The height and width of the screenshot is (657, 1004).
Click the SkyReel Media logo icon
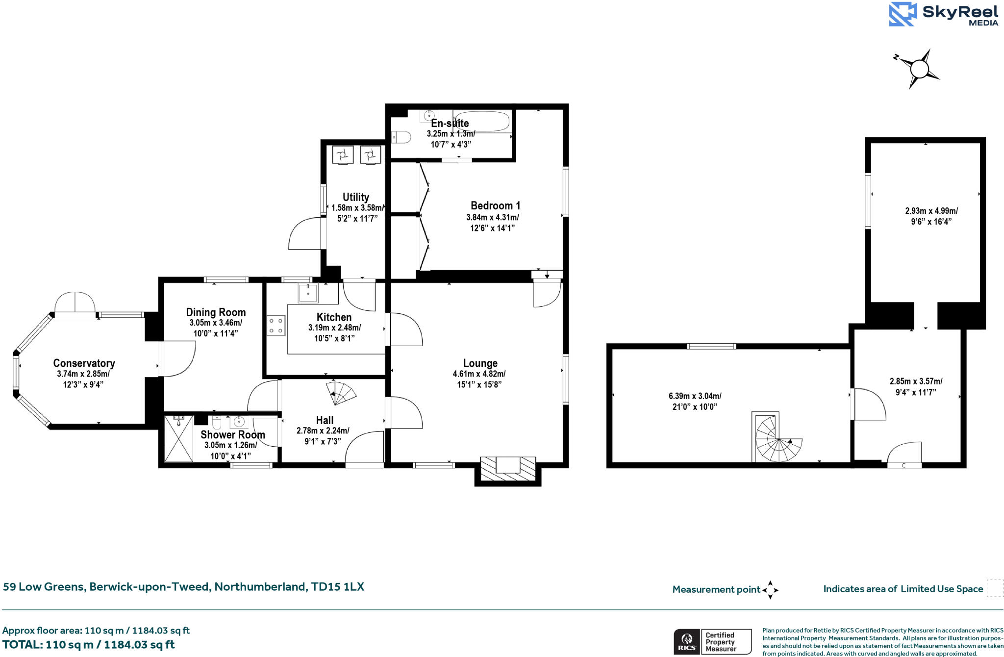tap(903, 14)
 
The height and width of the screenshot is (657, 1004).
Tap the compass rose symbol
tap(918, 69)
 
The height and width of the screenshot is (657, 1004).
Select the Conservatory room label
tap(84, 363)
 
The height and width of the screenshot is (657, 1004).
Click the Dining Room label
tap(216, 312)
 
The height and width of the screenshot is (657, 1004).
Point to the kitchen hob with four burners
tap(276, 325)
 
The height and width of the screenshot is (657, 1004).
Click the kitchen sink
tap(308, 293)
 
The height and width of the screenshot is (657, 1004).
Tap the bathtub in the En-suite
tap(481, 121)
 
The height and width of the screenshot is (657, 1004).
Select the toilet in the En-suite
tap(401, 137)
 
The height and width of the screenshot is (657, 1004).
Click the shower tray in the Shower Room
tap(178, 439)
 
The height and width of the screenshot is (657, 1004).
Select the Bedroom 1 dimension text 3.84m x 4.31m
tap(492, 217)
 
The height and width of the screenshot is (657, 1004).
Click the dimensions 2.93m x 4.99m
tap(931, 211)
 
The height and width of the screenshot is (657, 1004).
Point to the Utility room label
tap(355, 197)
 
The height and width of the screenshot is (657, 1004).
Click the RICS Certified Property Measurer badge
tap(712, 641)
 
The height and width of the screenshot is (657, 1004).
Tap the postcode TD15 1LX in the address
tap(337, 587)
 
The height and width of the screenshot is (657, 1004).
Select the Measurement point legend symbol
tap(770, 590)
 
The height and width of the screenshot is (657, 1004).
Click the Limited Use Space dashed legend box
tap(995, 588)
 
